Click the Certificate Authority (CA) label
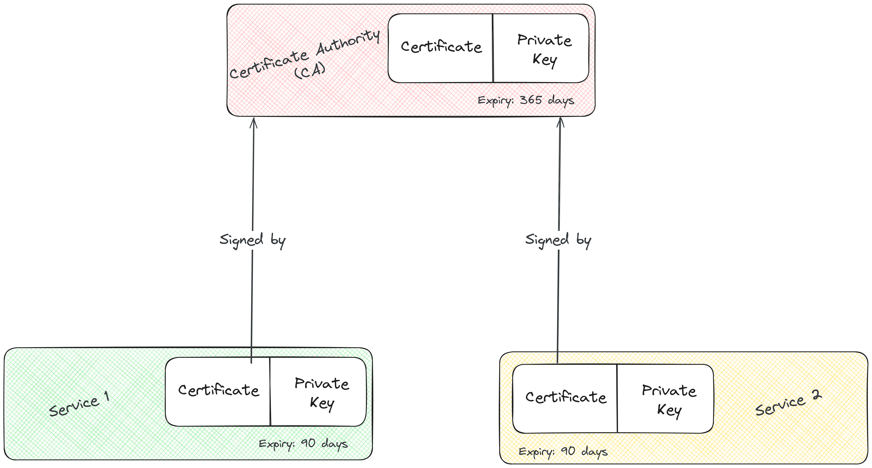[305, 56]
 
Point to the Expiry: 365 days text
[526, 100]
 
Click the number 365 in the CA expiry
[531, 100]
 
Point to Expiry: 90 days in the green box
[303, 444]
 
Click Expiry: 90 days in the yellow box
[563, 451]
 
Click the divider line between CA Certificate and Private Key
[493, 48]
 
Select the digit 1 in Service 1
[107, 396]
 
